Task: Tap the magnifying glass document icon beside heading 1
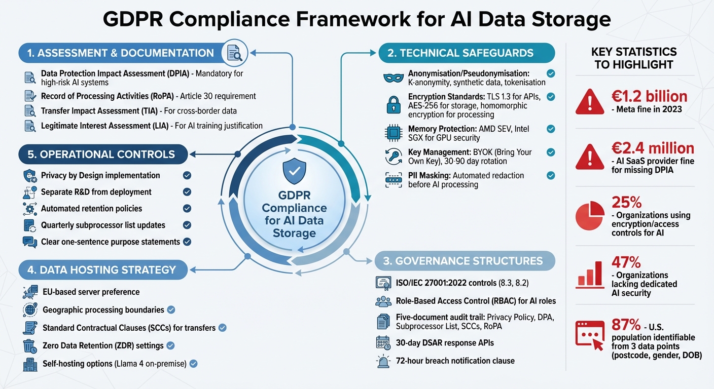click(234, 53)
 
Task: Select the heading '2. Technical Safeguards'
click(466, 53)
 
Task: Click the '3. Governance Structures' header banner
click(464, 261)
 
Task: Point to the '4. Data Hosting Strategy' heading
click(101, 269)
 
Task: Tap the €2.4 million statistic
click(653, 148)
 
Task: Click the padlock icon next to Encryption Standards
click(394, 105)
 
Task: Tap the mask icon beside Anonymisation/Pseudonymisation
click(394, 78)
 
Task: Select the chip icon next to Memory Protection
click(394, 133)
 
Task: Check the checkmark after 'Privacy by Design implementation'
click(187, 175)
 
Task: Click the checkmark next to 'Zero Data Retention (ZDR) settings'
click(170, 345)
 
